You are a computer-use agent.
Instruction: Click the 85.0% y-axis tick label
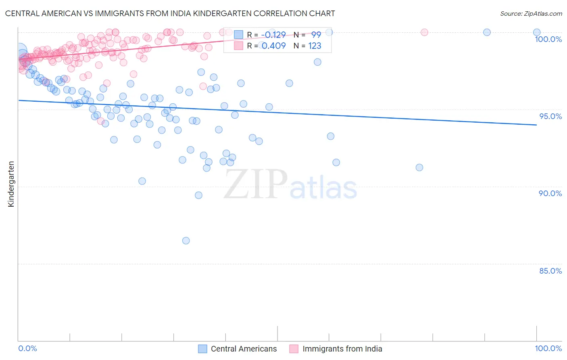[x=550, y=271]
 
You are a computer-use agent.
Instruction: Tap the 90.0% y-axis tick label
[x=550, y=193]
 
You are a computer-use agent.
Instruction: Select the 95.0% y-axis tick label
[x=550, y=116]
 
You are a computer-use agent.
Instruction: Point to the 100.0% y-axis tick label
[x=548, y=39]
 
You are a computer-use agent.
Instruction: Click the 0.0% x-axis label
[x=27, y=348]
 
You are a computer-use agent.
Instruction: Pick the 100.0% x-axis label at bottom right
[x=548, y=348]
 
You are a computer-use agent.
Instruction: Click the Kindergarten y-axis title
[x=11, y=184]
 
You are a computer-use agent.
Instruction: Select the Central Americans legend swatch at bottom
[x=202, y=349]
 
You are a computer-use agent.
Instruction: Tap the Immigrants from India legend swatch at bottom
[x=294, y=349]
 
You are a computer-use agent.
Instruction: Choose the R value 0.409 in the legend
[x=273, y=46]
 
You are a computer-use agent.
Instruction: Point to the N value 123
[x=315, y=46]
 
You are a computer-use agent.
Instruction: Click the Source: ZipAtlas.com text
[x=531, y=13]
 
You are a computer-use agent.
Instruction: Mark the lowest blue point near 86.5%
[x=186, y=241]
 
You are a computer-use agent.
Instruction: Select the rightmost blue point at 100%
[x=537, y=32]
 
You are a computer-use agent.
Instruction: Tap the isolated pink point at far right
[x=424, y=32]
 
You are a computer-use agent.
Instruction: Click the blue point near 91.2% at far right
[x=419, y=167]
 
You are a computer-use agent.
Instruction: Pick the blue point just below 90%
[x=198, y=195]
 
